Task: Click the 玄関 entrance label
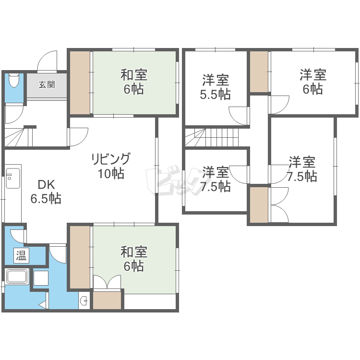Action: coord(47,84)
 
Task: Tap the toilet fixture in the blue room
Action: coord(14,80)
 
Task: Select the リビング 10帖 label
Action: coord(111,166)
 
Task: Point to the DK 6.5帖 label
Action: coord(46,192)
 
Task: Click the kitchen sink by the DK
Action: coord(13,178)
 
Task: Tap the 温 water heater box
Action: coord(21,255)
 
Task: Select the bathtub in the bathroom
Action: coord(17,276)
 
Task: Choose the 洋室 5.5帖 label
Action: coord(216,87)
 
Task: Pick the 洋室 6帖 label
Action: coord(313,82)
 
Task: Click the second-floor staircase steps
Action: coord(212,137)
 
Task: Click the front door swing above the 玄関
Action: coord(47,61)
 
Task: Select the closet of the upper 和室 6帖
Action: coord(80,83)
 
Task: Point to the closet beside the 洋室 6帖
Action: coord(259,72)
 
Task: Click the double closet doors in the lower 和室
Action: coord(107,282)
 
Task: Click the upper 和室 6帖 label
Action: coord(134,82)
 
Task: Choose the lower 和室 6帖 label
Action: coord(134,259)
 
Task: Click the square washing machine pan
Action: coord(41,278)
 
